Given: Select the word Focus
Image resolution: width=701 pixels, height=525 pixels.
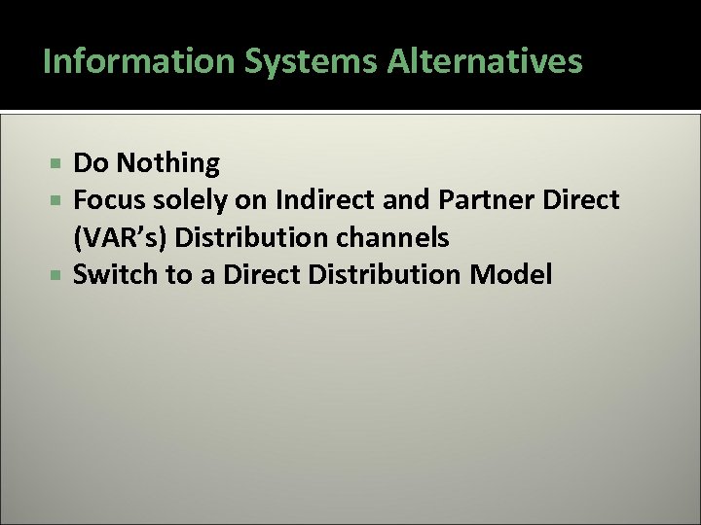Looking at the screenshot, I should click(105, 201).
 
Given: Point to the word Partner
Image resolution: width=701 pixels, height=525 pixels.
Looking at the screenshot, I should click(477, 201).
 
